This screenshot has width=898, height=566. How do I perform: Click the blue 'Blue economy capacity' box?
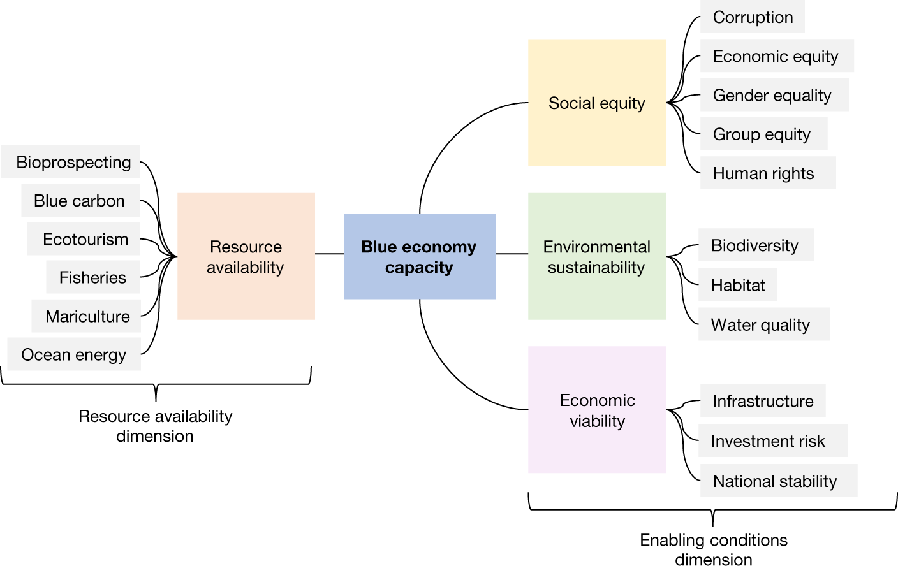[x=419, y=256]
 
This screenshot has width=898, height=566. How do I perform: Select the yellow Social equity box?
[x=596, y=103]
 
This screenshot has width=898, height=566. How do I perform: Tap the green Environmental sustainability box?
[x=596, y=256]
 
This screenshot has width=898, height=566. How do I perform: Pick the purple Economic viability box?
[x=596, y=410]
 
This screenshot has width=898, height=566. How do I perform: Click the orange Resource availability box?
[x=246, y=256]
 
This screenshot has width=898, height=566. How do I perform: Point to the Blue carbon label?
[x=80, y=201]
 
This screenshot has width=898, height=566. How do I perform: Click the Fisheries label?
[x=93, y=277]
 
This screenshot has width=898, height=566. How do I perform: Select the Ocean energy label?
[x=74, y=354]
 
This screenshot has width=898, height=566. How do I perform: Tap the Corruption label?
[x=753, y=17]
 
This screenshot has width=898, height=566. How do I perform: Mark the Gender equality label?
[x=774, y=95]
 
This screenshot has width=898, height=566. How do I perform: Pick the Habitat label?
[x=738, y=285]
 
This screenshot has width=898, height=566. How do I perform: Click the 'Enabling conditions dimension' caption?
[x=714, y=549]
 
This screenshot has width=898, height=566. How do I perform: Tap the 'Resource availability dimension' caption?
[x=155, y=426]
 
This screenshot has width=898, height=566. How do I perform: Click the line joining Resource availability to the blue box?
[x=329, y=254]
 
